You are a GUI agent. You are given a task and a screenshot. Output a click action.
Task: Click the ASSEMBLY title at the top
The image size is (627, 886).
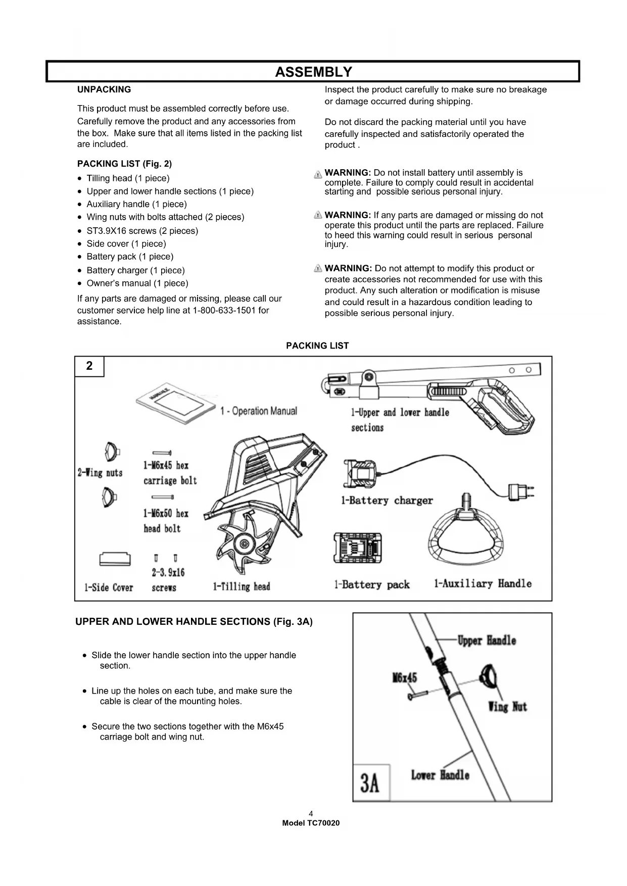313,72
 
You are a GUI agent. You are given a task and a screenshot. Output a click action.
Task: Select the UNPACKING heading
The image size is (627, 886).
104,90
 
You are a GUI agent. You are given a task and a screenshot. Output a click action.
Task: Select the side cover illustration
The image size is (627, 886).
115,559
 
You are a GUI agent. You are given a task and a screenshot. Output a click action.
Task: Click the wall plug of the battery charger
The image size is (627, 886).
519,490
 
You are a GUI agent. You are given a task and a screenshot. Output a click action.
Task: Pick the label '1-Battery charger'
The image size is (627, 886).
387,501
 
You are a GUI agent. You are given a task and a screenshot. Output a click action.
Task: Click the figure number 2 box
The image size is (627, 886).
89,366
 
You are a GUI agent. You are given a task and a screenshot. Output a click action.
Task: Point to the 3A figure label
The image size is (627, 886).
370,782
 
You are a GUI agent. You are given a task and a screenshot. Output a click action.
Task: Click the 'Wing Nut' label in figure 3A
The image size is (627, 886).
507,706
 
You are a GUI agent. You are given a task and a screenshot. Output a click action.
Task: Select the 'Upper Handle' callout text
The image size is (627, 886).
487,641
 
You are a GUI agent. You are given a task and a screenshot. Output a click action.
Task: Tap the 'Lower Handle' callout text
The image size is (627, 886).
440,775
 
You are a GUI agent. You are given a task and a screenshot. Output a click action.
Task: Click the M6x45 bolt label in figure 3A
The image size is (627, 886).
404,677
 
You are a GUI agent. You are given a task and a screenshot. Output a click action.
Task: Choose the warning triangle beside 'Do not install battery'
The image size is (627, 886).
318,175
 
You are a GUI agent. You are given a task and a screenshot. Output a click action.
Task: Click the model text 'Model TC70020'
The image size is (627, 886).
311,823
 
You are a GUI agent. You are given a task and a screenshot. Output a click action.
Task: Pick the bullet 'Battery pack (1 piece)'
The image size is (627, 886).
129,257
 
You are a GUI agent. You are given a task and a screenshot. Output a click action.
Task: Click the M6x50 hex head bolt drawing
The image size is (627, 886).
163,497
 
